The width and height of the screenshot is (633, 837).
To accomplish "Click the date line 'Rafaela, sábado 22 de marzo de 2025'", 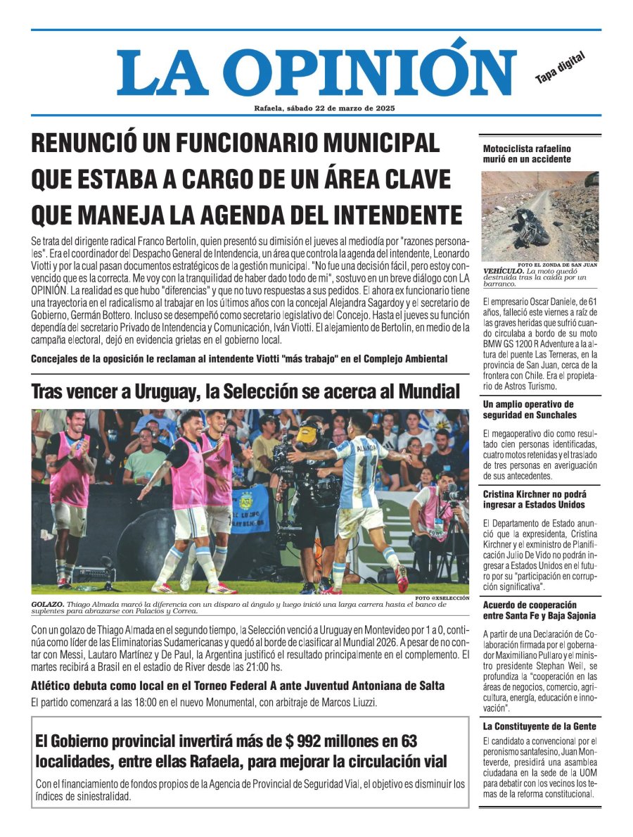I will click(x=324, y=108).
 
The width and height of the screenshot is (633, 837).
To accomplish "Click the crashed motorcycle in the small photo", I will click(x=530, y=221).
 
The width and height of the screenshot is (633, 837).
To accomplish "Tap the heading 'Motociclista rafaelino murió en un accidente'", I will click(x=527, y=154).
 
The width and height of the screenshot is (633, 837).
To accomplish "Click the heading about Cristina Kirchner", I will click(x=533, y=500).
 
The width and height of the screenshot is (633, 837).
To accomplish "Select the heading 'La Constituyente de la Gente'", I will click(x=539, y=726).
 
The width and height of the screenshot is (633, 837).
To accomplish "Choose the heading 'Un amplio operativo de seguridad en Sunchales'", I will click(x=529, y=410).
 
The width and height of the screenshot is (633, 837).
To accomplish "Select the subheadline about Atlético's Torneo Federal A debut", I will click(x=238, y=686).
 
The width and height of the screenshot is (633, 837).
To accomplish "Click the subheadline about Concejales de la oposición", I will click(x=239, y=359).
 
